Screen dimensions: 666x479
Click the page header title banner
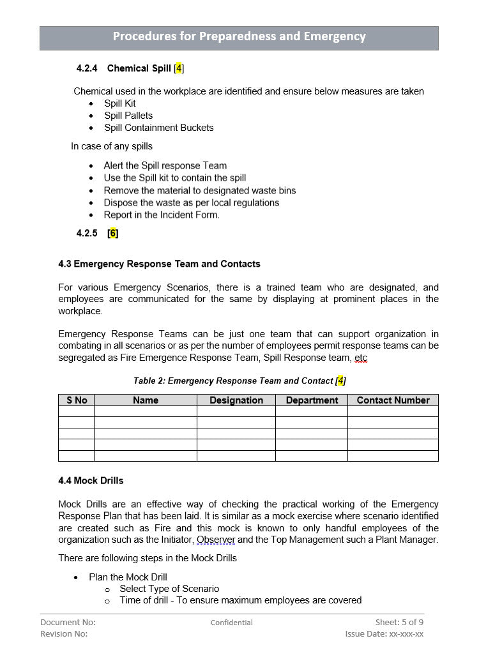click(239, 37)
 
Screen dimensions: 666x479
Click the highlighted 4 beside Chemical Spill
click(179, 68)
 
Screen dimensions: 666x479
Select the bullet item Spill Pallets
click(128, 116)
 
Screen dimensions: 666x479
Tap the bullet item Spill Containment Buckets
click(159, 128)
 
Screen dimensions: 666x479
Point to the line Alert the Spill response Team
click(165, 165)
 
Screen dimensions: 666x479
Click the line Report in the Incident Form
click(162, 215)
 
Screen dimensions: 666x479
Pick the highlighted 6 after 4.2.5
click(113, 233)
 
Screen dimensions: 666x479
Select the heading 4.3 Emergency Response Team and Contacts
click(159, 264)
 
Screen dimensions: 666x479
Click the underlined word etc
click(361, 358)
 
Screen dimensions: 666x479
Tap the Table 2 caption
click(240, 381)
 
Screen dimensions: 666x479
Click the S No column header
click(77, 400)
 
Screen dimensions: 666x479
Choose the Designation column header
click(236, 400)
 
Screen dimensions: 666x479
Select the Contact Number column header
click(393, 400)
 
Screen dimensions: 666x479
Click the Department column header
click(312, 400)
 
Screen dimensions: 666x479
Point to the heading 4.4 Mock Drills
click(91, 480)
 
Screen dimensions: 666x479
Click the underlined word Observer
click(216, 540)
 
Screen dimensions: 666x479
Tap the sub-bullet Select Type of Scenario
click(169, 589)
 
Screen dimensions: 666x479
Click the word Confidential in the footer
click(232, 623)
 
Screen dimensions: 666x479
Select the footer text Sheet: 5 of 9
click(399, 622)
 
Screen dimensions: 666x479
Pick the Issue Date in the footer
click(384, 634)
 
